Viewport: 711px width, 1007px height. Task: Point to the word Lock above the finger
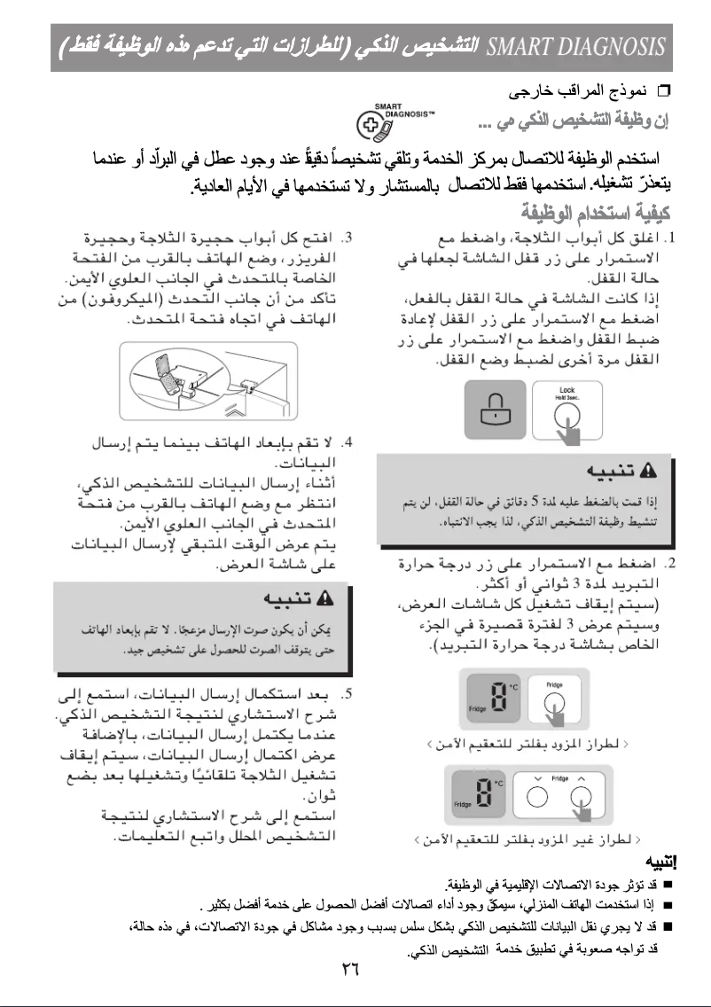click(567, 390)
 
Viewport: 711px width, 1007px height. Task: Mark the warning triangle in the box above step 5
click(324, 600)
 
